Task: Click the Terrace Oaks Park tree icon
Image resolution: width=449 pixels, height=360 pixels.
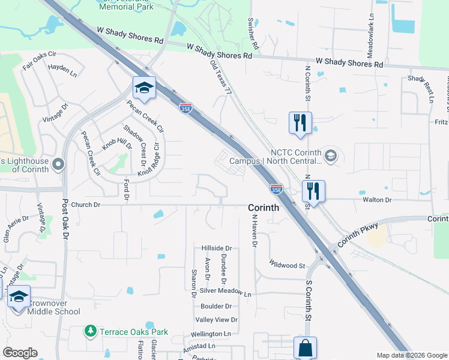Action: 91,331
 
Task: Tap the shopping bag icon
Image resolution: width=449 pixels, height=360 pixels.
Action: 305,347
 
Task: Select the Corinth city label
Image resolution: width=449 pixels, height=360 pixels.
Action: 264,207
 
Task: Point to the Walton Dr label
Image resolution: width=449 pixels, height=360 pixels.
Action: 376,199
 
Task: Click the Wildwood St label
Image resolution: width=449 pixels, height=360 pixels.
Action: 288,264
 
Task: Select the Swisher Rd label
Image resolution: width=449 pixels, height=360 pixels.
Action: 253,34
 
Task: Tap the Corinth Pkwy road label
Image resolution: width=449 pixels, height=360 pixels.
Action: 358,234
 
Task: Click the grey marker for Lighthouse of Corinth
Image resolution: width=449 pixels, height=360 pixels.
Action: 58,164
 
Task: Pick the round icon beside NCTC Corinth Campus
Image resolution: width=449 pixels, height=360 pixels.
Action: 330,157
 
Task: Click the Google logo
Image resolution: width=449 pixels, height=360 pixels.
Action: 20,353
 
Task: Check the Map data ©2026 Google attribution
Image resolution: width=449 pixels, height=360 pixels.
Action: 411,355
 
